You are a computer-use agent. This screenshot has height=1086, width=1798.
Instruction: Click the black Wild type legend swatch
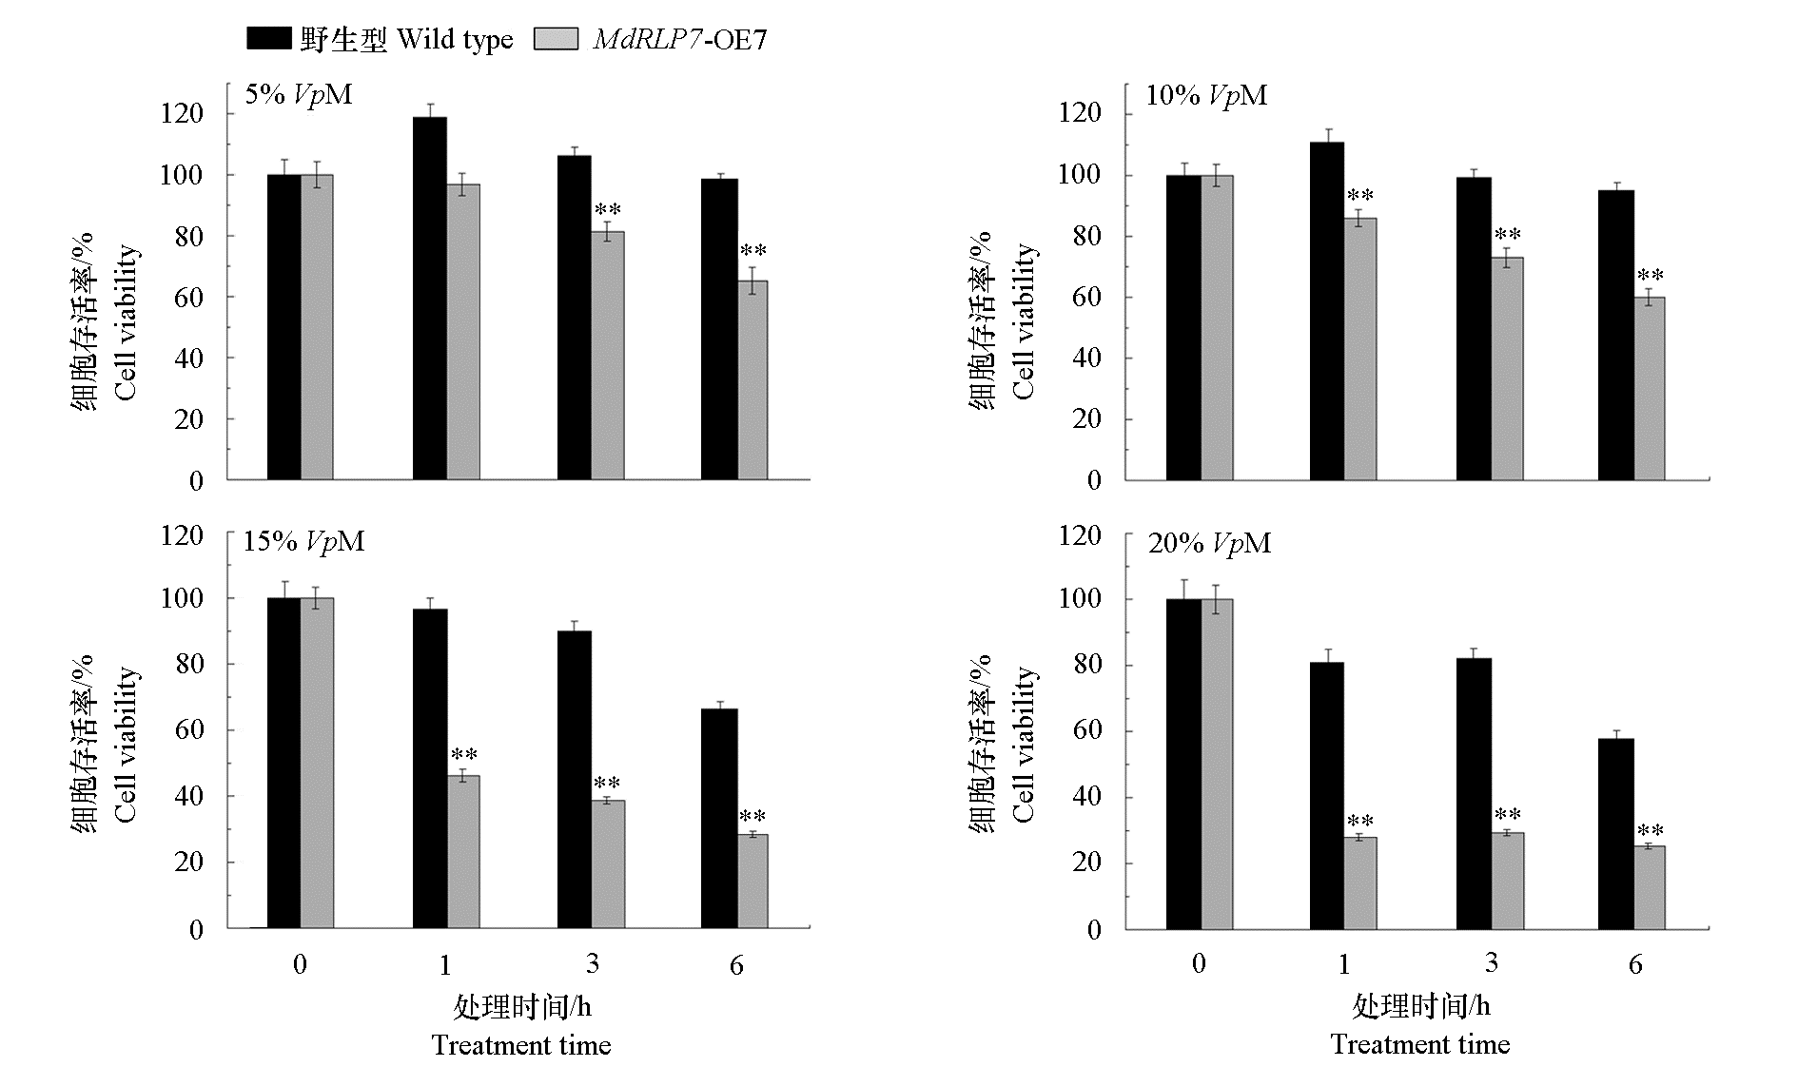point(268,38)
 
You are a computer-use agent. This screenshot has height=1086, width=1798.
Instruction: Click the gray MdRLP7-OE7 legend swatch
point(556,38)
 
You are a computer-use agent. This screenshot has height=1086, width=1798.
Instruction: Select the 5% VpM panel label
point(299,94)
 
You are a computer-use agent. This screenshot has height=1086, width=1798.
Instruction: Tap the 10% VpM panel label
point(1206,95)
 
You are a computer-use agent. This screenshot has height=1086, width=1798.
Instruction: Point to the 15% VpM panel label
point(303,541)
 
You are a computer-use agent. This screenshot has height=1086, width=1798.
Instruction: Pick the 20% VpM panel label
point(1209,543)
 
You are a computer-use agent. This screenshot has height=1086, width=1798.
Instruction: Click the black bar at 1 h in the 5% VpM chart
point(430,299)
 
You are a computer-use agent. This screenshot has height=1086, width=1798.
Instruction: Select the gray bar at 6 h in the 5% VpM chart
point(752,380)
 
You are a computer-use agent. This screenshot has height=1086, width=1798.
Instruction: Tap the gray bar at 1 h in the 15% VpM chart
point(463,851)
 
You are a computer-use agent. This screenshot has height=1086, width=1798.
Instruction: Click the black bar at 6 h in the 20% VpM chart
point(1615,833)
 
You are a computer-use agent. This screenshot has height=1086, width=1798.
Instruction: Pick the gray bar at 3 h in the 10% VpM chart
point(1507,369)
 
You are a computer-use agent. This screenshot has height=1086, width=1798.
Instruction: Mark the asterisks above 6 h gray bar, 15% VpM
point(752,817)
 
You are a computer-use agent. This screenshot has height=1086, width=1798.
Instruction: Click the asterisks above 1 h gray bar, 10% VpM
point(1360,197)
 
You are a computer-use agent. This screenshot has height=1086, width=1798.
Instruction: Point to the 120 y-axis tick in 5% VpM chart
point(183,114)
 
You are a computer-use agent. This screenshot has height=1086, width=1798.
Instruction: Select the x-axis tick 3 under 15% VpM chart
point(593,964)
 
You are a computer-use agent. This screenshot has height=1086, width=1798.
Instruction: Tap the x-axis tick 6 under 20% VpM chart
point(1635,964)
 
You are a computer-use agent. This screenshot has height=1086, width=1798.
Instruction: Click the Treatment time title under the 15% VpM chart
point(521,1045)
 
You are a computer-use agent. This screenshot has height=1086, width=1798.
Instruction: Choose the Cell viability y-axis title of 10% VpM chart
point(1023,321)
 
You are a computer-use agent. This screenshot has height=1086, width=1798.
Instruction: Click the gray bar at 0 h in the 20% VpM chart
point(1217,763)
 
